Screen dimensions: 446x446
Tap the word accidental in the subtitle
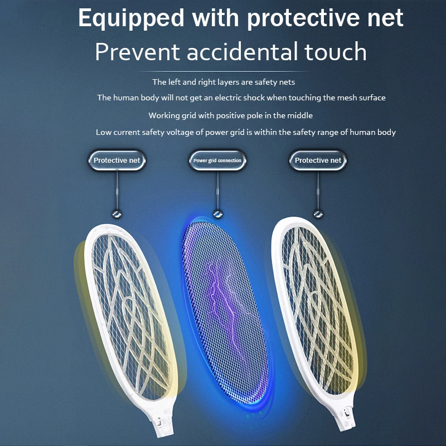coord(243,52)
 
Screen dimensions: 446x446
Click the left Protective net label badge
coord(117,161)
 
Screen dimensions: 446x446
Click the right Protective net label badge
coord(318,161)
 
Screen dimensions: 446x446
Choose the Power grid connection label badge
coord(217,161)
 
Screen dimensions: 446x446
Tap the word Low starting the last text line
coord(103,132)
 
